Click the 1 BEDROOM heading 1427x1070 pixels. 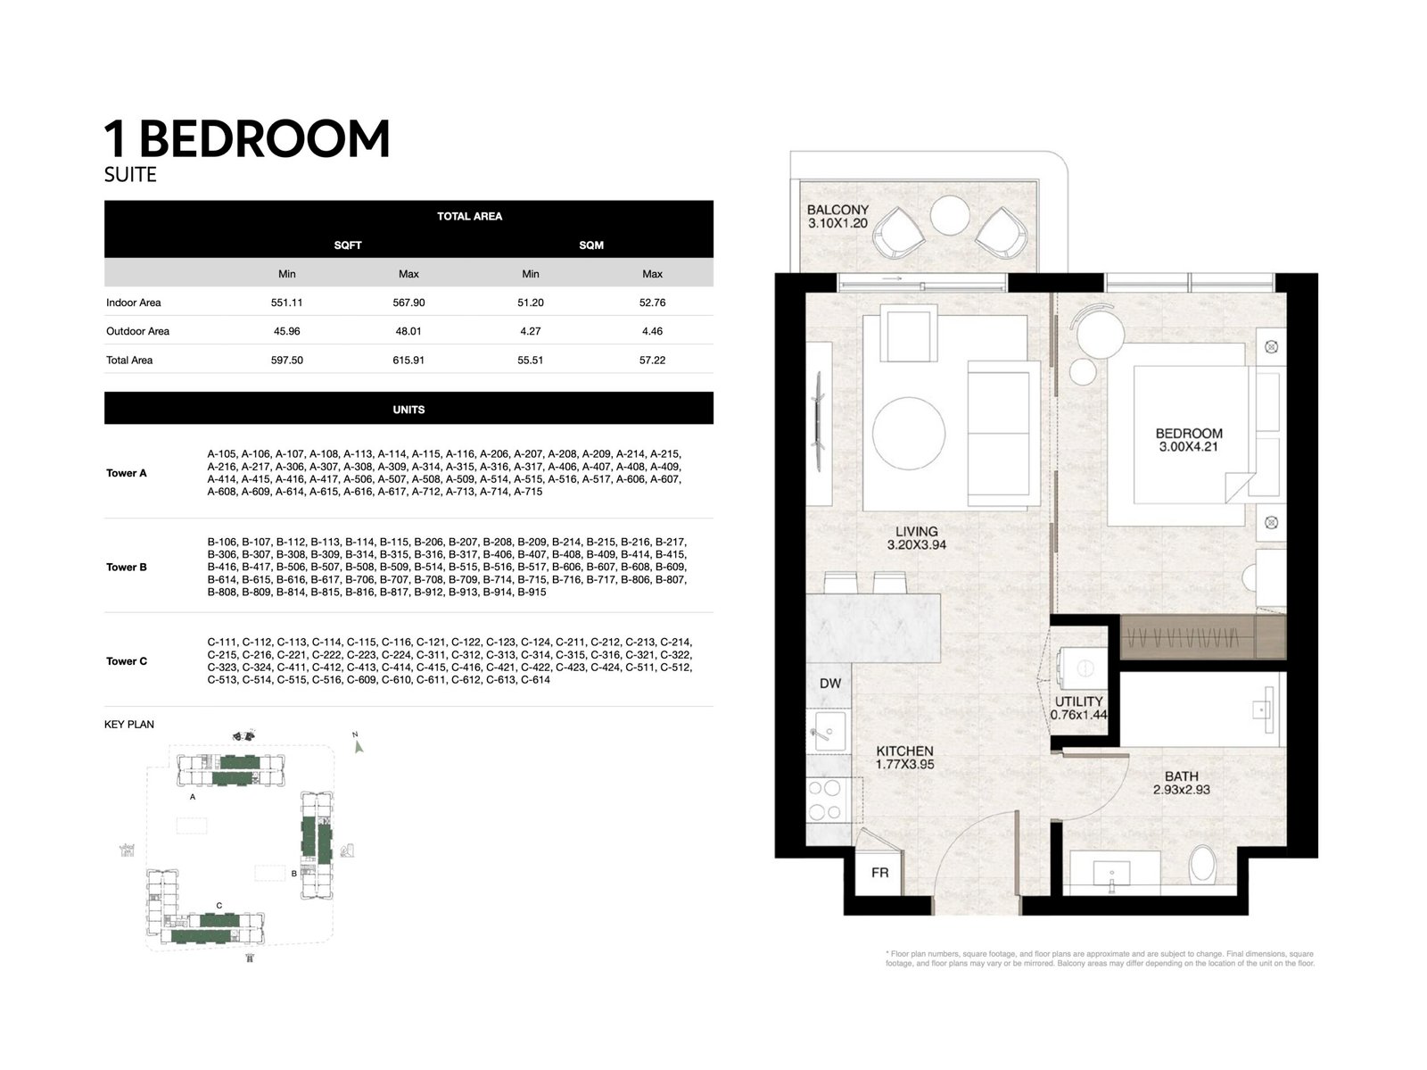247,139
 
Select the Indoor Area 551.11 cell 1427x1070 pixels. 286,303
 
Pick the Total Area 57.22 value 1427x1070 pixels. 652,361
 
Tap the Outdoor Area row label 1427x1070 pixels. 137,331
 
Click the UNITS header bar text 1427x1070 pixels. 408,410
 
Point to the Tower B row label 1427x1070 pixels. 127,568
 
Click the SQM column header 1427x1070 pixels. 591,245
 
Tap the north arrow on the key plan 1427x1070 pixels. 358,746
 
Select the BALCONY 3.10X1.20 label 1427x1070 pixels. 837,217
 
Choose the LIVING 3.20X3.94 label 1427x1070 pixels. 917,538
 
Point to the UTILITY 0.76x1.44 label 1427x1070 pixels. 1079,708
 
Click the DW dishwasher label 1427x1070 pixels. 830,684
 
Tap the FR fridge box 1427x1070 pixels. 879,872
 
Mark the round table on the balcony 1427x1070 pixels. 951,214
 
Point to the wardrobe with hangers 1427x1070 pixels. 1188,637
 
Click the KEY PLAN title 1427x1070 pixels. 129,725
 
